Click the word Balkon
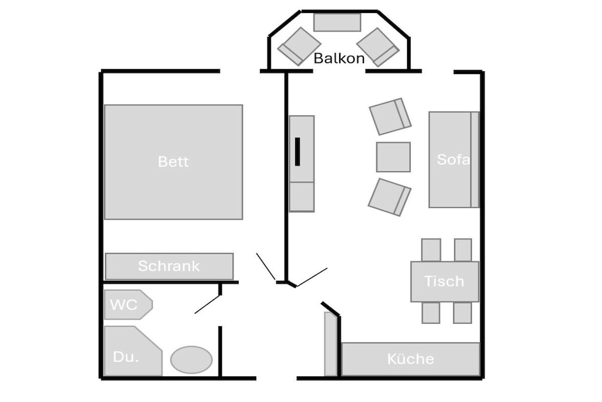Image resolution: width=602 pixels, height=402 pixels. pos(339,58)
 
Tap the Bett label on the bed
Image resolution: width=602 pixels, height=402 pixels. pos(173,161)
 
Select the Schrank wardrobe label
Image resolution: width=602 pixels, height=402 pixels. pos(169,266)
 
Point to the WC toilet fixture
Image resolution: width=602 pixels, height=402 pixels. pos(128,305)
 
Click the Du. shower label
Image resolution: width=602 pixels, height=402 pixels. pos(126,357)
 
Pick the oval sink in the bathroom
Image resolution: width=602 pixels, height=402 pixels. pos(191,360)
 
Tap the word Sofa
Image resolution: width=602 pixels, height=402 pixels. pos(453,159)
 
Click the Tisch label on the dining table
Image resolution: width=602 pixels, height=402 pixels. pos(444,281)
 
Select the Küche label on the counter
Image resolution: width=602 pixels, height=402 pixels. pos(410,359)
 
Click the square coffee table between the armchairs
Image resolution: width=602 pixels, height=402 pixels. pos(393,157)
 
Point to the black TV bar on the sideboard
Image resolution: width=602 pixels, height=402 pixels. pos(297,151)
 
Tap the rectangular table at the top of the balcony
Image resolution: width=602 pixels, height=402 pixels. pos(337,22)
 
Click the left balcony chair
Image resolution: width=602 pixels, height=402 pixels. pos(299,46)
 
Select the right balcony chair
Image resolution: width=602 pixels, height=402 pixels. pos(378,47)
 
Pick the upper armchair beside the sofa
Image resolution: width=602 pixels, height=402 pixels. pos(390,117)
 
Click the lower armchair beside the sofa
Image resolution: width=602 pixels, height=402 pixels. pos(390,197)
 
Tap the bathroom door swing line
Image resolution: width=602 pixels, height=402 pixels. pos(208,304)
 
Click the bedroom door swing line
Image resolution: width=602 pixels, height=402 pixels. pos(266,267)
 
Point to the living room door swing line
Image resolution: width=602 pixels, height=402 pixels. pos(312,277)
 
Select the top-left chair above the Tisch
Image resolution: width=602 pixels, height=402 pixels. pos(431,250)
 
